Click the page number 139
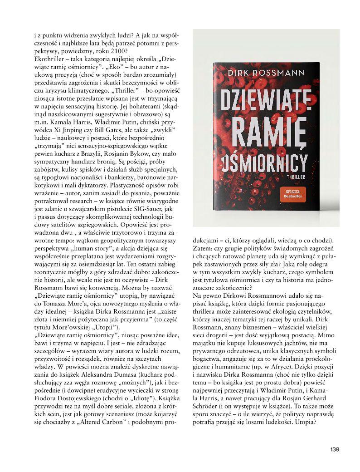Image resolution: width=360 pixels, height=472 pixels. pos(335,449)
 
